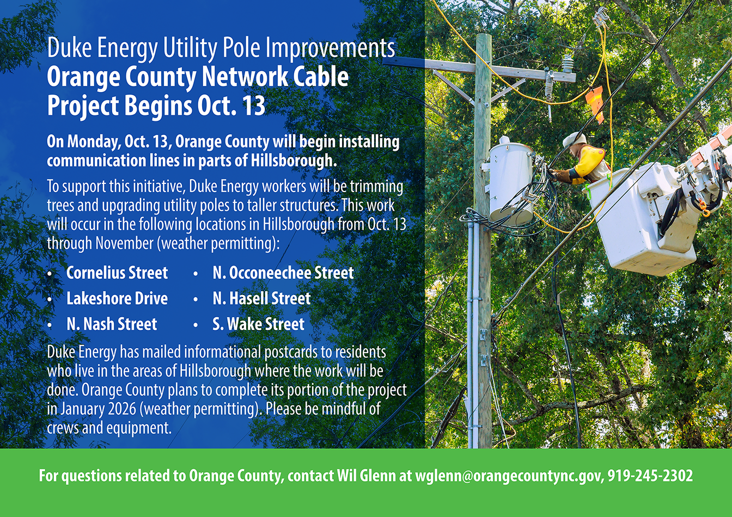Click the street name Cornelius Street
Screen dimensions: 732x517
[x=117, y=273]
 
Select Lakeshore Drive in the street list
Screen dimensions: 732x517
[x=117, y=298]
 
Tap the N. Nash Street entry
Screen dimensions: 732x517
[x=112, y=324]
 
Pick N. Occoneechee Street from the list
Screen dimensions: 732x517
[x=283, y=273]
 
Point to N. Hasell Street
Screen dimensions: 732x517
[x=261, y=298]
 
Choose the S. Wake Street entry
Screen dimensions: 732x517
[x=259, y=324]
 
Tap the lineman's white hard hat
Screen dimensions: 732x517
[x=574, y=138]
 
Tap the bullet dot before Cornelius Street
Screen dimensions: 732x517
[x=50, y=274]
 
